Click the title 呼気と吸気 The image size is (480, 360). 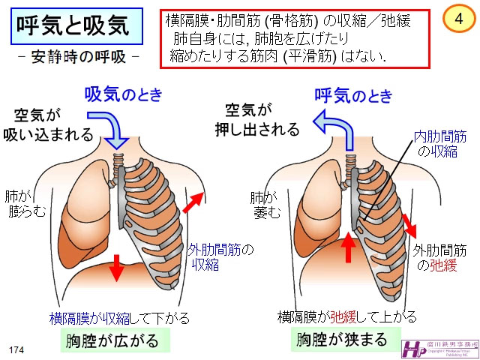[73, 27]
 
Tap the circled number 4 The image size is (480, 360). [457, 18]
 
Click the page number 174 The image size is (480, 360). [16, 350]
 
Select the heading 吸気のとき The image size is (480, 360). [123, 94]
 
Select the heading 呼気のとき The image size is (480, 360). [353, 94]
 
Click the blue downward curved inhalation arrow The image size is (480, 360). [113, 127]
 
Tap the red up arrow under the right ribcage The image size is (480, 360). [348, 247]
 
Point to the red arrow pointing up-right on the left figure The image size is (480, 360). [194, 200]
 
